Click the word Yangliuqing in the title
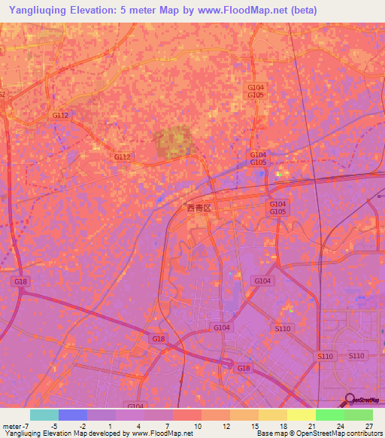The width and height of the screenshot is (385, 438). tap(35, 10)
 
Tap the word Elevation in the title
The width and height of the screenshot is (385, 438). tap(94, 10)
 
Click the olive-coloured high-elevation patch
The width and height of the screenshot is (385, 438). tap(174, 141)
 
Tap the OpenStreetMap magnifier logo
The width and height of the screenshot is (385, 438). tap(349, 400)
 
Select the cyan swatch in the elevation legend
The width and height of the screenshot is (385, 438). tap(44, 415)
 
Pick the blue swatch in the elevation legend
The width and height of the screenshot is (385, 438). tap(73, 415)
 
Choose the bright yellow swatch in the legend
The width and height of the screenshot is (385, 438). tap(302, 415)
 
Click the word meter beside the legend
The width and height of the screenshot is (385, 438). tap(13, 425)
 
